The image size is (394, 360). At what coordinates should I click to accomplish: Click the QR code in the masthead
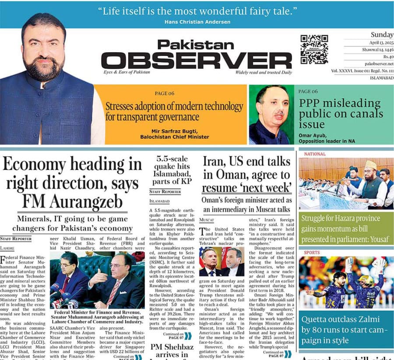pyautogui.click(x=314, y=49)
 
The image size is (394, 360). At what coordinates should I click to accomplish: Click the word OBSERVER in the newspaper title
pyautogui.click(x=196, y=60)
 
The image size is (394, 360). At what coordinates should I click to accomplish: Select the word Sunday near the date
pyautogui.click(x=382, y=35)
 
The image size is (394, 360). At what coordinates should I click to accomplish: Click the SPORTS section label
pyautogui.click(x=312, y=253)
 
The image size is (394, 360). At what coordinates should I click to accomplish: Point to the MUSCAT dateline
pyautogui.click(x=206, y=221)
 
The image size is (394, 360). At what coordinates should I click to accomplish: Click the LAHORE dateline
pyautogui.click(x=7, y=248)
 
